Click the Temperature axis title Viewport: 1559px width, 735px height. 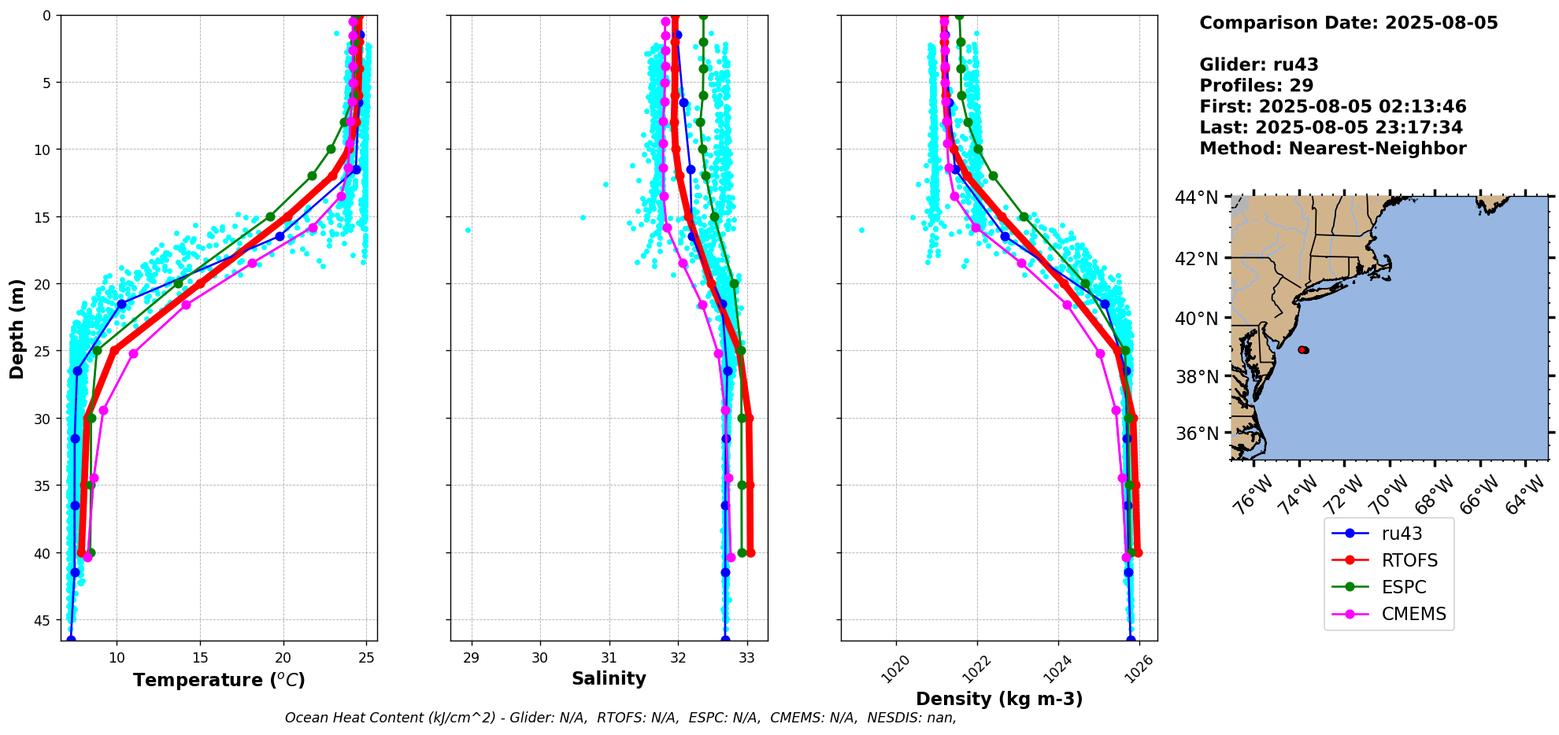click(x=219, y=680)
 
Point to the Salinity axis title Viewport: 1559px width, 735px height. click(x=609, y=678)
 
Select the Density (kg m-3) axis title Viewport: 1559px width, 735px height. click(x=999, y=699)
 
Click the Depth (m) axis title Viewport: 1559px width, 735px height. click(x=17, y=328)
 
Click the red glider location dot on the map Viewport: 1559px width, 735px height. click(x=1302, y=349)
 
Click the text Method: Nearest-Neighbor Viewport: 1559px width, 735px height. click(x=1332, y=149)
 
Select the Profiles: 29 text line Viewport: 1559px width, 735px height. click(x=1256, y=86)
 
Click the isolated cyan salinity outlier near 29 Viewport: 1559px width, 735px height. click(x=468, y=230)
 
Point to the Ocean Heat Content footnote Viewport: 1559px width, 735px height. click(x=620, y=718)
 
